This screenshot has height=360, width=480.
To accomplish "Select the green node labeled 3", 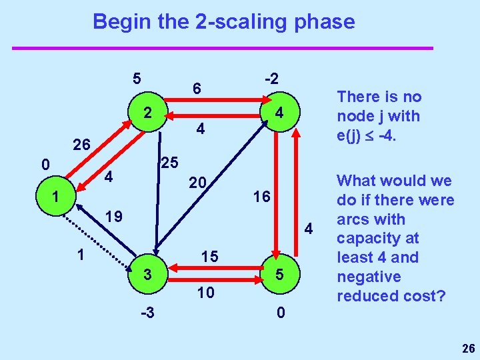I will coord(149,274).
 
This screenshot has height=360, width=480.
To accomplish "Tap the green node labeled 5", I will coord(280,274).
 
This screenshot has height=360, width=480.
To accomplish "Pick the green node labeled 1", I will coord(57,198).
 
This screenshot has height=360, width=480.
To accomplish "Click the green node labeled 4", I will coord(280,113).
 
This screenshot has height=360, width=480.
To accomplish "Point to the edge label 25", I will coord(170,162).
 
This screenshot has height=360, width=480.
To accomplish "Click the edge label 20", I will coord(198,182).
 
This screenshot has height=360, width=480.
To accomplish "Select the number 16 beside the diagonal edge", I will coord(262,197).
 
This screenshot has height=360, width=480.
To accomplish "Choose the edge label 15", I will coord(211,256).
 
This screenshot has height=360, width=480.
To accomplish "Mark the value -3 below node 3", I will coord(149,311).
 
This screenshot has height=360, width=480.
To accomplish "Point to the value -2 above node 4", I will coord(271,78).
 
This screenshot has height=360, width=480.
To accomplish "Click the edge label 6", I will coord(197,88).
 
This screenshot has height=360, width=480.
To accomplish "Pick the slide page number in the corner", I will coord(467,347).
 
